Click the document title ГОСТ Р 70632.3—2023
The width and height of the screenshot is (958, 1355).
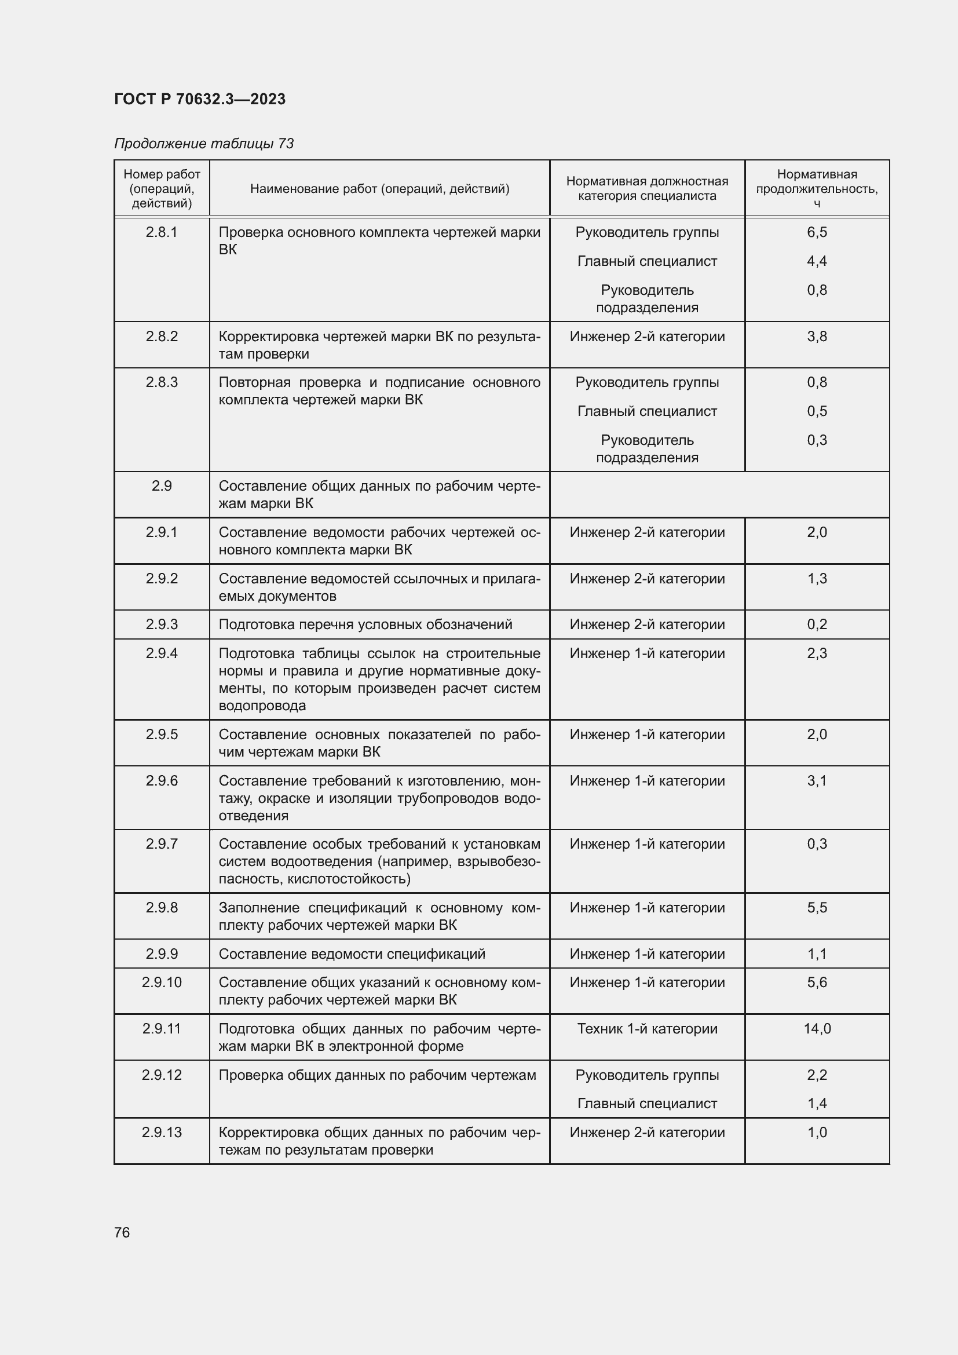click(x=199, y=99)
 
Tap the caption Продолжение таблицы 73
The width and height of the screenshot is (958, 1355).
click(x=203, y=144)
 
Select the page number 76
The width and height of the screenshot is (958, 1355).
click(x=122, y=1232)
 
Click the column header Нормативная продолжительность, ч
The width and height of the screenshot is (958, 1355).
click(x=817, y=188)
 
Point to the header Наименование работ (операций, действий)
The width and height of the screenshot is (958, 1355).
click(x=379, y=188)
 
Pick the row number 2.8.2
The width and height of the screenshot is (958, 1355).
click(x=162, y=337)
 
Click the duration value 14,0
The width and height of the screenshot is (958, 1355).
click(x=817, y=1029)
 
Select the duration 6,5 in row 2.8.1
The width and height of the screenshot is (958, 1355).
click(x=817, y=232)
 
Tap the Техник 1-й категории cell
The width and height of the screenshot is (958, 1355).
click(x=646, y=1029)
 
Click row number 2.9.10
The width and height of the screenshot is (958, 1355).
click(x=162, y=982)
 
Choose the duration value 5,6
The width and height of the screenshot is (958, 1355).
click(x=817, y=982)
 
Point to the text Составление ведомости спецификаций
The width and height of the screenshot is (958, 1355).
click(x=352, y=954)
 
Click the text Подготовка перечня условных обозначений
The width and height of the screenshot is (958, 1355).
click(x=365, y=624)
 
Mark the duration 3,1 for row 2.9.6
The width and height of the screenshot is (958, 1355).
click(x=817, y=781)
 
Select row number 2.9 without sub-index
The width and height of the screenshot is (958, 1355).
click(x=162, y=485)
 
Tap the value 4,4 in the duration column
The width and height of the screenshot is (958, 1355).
click(x=817, y=261)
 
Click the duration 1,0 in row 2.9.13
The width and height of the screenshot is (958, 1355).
click(x=817, y=1133)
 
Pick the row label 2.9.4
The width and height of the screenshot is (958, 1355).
click(x=162, y=653)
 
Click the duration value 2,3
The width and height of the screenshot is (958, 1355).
click(x=817, y=653)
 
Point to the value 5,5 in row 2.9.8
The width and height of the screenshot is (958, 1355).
click(x=817, y=908)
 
